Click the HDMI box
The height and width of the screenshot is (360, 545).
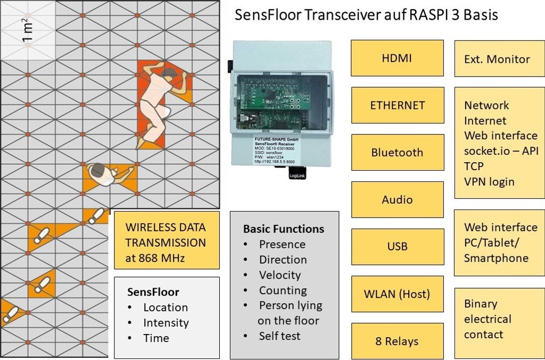[x=397, y=58]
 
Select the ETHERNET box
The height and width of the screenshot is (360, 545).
[x=397, y=105]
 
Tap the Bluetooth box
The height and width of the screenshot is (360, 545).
[x=397, y=153]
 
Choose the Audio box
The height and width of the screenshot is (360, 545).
[x=397, y=200]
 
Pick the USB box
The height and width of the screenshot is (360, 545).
[x=397, y=247]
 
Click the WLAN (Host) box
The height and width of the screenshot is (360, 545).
[x=397, y=294]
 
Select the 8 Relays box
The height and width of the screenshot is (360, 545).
[x=397, y=341]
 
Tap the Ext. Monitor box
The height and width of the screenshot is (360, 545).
[x=497, y=59]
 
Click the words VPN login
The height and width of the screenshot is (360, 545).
[x=489, y=181]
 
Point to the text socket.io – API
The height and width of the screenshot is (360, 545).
[x=501, y=150]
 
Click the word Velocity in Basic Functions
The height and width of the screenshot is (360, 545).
[x=280, y=275]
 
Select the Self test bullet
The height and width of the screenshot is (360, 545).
[x=279, y=336]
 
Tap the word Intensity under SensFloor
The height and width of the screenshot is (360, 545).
[x=166, y=323]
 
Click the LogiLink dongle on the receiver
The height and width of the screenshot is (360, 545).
[x=296, y=174]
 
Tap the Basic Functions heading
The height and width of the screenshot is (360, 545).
[x=284, y=229]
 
